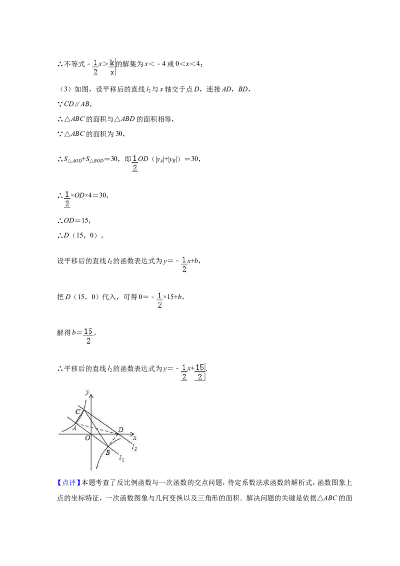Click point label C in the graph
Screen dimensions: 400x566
(78, 411)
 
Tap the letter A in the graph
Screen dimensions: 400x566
(74, 428)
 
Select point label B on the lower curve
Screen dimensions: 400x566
(107, 452)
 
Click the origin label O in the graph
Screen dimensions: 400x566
(87, 438)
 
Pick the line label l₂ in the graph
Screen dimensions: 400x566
(134, 447)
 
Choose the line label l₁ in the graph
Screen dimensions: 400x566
(121, 458)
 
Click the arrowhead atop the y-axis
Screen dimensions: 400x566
(91, 395)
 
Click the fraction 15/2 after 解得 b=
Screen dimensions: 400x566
(88, 336)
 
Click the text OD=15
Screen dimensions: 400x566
(76, 220)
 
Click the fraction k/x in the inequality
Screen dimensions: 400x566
(112, 67)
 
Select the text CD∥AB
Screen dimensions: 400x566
(76, 104)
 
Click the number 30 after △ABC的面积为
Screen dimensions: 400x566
(119, 133)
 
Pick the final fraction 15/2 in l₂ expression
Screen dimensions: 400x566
(199, 372)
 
